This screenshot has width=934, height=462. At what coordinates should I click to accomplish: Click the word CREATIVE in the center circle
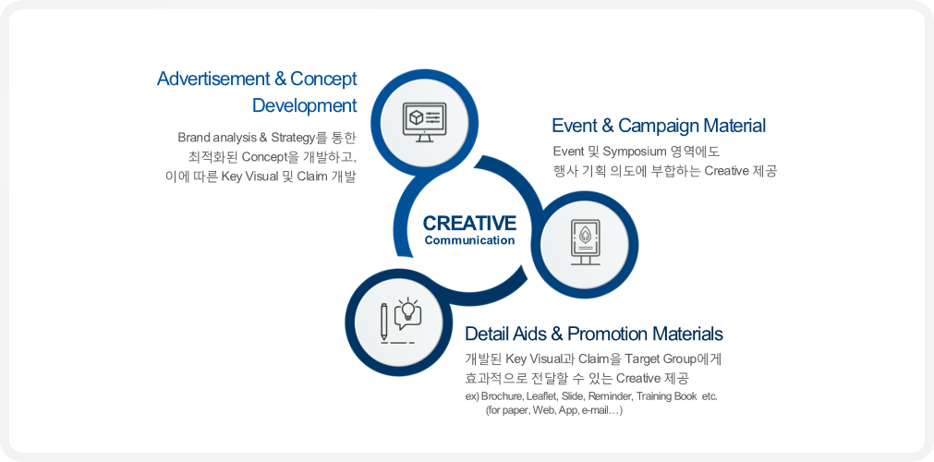(x=469, y=223)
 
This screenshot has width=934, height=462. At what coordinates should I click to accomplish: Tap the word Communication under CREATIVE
(x=469, y=241)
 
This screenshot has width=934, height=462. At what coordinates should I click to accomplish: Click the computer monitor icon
(x=423, y=122)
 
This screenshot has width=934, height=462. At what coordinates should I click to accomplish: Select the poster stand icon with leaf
(x=586, y=242)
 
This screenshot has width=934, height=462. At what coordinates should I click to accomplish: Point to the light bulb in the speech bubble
(x=408, y=310)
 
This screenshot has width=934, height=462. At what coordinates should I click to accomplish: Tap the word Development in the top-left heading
(x=304, y=105)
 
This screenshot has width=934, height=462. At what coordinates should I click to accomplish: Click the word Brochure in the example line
(x=502, y=397)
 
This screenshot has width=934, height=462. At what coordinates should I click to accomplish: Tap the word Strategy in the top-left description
(x=293, y=139)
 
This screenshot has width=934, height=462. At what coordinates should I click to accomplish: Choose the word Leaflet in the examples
(x=540, y=397)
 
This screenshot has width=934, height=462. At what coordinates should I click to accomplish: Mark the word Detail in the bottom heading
(x=484, y=333)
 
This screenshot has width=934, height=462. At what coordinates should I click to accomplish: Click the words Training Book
(x=664, y=397)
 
